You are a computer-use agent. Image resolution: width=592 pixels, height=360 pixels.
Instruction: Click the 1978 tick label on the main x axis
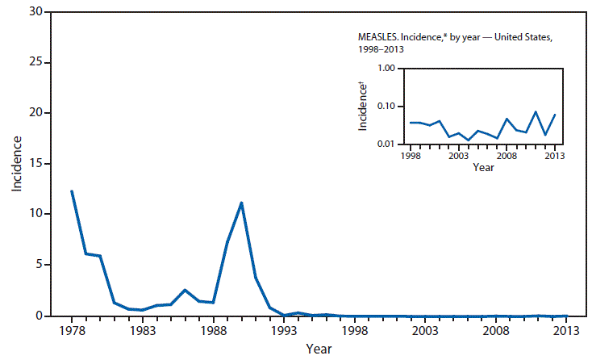click(72, 331)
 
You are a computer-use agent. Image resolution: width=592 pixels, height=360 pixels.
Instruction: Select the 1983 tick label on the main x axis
click(143, 331)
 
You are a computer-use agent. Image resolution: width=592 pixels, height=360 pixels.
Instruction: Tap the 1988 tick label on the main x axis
click(213, 331)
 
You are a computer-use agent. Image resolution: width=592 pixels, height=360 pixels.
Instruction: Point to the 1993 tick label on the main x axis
click(284, 331)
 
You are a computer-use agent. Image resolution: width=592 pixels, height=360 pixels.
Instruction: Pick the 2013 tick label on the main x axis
click(566, 331)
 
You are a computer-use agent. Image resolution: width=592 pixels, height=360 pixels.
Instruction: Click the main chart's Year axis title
click(319, 349)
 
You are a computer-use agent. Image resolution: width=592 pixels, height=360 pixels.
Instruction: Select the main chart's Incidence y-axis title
click(16, 164)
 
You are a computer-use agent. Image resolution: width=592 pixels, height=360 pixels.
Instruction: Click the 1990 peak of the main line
click(241, 203)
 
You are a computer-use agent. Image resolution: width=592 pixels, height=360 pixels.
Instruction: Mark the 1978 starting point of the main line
click(72, 191)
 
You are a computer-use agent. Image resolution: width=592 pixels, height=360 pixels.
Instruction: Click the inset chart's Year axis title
click(483, 167)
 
